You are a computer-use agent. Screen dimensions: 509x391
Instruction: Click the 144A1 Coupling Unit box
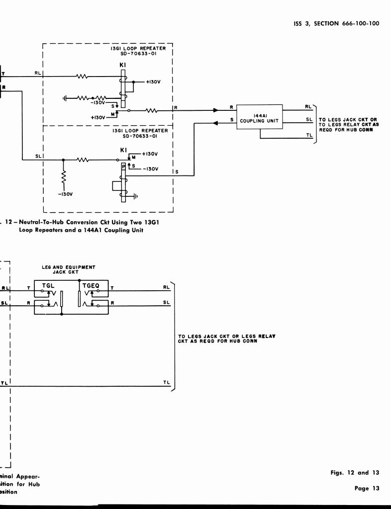(x=259, y=117)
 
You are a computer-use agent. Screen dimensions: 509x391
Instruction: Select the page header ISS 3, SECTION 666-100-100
(x=336, y=23)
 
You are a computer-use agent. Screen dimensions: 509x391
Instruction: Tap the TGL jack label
(x=48, y=286)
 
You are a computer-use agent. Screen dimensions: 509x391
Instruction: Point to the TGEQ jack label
(x=92, y=286)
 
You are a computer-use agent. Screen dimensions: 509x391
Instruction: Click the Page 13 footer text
(x=367, y=488)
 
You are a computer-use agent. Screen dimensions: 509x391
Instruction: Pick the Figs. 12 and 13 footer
(x=355, y=473)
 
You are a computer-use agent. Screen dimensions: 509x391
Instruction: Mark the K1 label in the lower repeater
(x=123, y=150)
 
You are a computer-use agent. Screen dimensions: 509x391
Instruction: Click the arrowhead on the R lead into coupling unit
(x=215, y=110)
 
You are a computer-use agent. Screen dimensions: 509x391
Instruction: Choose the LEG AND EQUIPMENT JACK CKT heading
(x=69, y=269)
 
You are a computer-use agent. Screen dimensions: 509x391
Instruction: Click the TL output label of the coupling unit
(x=309, y=135)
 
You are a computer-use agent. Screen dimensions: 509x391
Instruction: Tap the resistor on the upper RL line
(x=82, y=76)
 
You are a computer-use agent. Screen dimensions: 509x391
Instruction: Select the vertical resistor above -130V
(x=63, y=177)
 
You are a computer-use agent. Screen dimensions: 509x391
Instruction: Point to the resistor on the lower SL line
(x=83, y=160)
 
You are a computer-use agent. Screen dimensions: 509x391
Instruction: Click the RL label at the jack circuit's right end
(x=166, y=287)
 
